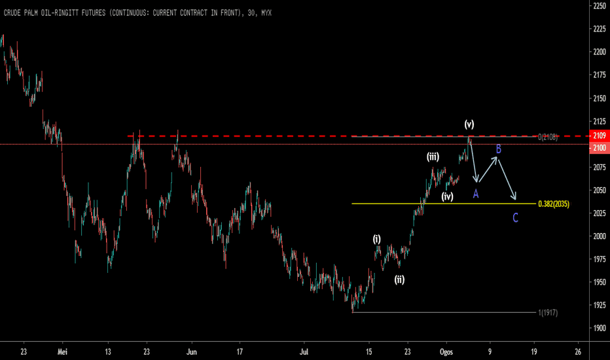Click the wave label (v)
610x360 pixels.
click(469, 124)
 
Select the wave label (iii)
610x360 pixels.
click(433, 156)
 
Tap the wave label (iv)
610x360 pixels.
click(448, 196)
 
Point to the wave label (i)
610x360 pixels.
click(376, 239)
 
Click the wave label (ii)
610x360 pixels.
click(399, 279)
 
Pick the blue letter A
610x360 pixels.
click(475, 194)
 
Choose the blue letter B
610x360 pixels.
click(498, 149)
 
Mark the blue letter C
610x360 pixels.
click(515, 217)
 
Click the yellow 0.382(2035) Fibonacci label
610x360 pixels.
click(554, 204)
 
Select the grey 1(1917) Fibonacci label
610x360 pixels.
click(548, 312)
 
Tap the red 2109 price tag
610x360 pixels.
click(600, 135)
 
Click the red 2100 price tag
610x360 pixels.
click(600, 147)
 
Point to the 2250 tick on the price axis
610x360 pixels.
click(600, 5)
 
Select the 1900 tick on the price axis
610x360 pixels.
click(600, 328)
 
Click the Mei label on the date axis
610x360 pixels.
click(62, 352)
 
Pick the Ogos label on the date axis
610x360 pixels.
click(446, 352)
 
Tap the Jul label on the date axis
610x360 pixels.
click(304, 352)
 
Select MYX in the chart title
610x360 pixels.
click(266, 13)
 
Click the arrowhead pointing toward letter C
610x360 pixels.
click(514, 197)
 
